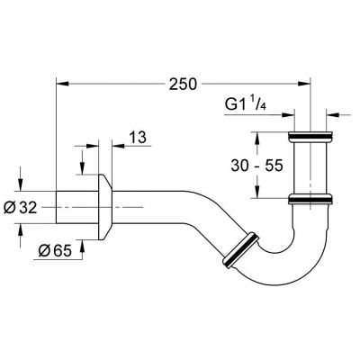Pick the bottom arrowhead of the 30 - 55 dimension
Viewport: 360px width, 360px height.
tap(258, 194)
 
